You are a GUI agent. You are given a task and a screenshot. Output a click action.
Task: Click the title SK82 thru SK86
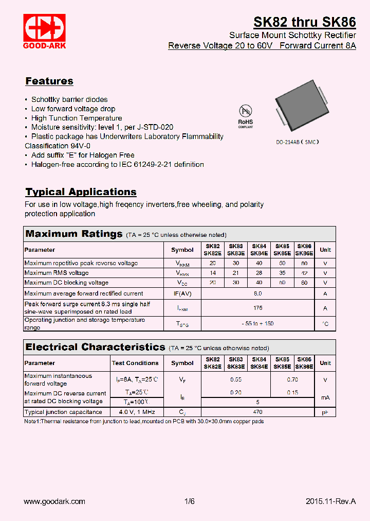point(304,22)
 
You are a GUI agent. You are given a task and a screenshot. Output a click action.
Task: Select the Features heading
point(49,81)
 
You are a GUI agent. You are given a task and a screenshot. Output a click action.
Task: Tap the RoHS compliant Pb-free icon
point(246,115)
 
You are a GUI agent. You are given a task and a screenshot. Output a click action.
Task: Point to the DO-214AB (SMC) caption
point(297,142)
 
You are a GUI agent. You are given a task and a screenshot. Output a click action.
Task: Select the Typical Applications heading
point(81,192)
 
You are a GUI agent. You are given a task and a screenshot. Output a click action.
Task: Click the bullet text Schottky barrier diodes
point(69,99)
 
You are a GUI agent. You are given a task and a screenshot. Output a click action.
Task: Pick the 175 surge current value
point(257,308)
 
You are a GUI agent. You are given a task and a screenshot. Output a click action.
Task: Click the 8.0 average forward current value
point(257,293)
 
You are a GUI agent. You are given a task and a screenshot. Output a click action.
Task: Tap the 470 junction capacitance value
point(257,412)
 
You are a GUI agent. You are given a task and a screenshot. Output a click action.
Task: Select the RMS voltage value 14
point(213,273)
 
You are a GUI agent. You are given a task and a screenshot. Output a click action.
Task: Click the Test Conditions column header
point(135,363)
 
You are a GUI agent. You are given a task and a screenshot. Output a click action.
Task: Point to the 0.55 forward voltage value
point(235,380)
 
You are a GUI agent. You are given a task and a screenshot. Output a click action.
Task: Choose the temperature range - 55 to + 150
point(257,323)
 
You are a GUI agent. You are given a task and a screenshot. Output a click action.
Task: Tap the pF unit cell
point(325,412)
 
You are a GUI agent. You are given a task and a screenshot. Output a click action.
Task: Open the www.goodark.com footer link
point(54,501)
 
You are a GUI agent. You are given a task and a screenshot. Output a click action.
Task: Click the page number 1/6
point(189,501)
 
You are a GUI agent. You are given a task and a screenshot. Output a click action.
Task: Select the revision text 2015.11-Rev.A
point(330,501)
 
